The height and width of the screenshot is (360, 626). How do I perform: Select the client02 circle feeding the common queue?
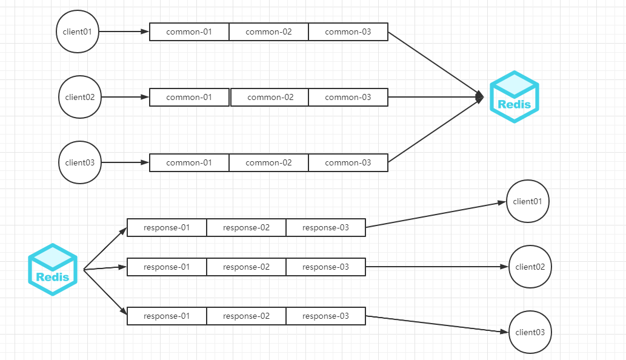80,97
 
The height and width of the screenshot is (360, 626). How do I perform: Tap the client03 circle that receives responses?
530,332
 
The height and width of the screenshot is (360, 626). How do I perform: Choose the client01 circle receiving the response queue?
527,201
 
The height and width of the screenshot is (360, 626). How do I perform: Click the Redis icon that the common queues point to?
514,97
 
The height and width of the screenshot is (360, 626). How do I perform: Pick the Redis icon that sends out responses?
53,270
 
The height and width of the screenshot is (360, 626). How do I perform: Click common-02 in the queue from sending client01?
268,32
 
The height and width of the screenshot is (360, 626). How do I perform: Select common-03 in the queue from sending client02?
348,97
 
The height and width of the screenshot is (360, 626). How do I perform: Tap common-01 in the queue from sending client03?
189,162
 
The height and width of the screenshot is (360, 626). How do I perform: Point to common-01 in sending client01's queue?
189,32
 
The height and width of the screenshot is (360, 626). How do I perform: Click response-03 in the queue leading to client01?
325,228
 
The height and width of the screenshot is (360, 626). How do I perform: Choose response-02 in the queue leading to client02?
246,267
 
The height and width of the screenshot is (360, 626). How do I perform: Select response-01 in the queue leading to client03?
167,316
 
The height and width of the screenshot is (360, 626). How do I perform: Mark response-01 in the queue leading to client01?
167,228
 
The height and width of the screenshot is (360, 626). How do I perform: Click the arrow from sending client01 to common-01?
124,32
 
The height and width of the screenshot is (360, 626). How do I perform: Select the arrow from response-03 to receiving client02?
437,267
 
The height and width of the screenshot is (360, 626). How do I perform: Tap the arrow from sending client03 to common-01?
125,162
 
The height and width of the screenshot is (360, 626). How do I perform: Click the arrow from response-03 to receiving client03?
437,324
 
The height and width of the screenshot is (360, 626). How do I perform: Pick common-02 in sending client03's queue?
268,162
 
